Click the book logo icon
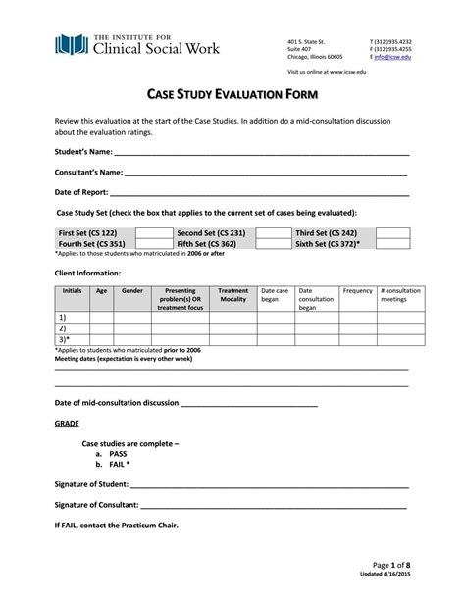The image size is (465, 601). click(70, 44)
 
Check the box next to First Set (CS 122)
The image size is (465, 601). click(153, 233)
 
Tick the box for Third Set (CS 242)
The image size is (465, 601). click(392, 233)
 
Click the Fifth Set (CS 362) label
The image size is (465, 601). click(206, 244)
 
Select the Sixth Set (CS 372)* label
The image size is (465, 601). click(328, 244)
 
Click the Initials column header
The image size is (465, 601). click(72, 291)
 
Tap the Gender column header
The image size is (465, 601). click(131, 291)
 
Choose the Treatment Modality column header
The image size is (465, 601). click(232, 296)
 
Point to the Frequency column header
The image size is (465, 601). click(357, 291)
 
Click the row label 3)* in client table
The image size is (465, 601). click(64, 338)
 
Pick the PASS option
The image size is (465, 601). click(119, 454)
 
